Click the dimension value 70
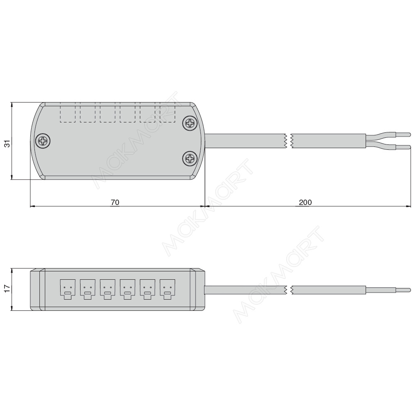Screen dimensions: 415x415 pyautogui.click(x=115, y=203)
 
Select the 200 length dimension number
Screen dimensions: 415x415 pyautogui.click(x=305, y=203)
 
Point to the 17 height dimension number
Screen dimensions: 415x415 pyautogui.click(x=8, y=288)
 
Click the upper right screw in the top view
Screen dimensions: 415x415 pyautogui.click(x=190, y=123)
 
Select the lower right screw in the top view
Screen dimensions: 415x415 pyautogui.click(x=190, y=159)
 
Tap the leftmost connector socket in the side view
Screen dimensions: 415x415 pyautogui.click(x=68, y=289)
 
